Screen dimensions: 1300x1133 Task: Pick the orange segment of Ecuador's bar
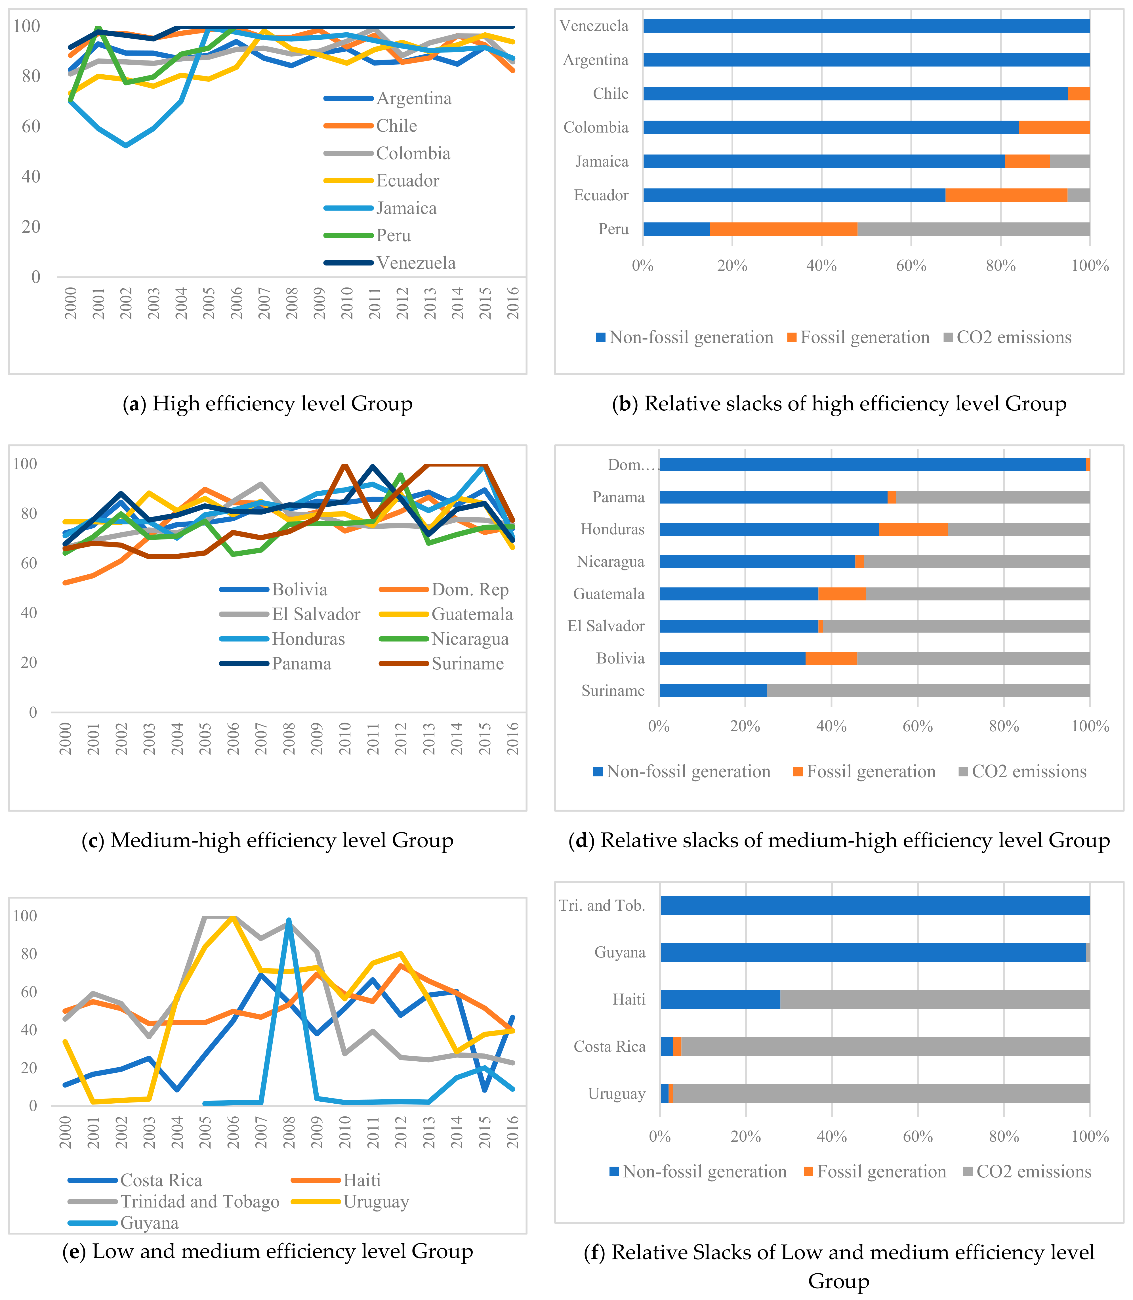click(x=1006, y=195)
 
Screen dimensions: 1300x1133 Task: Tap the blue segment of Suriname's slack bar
click(x=712, y=690)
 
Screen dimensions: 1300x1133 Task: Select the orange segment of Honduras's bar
click(x=913, y=529)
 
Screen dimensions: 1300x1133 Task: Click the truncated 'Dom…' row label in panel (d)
click(x=632, y=465)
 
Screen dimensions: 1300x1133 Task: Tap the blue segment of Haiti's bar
click(x=720, y=1000)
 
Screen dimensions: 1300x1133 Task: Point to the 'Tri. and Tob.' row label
click(x=602, y=906)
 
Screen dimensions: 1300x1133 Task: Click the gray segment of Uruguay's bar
click(x=881, y=1094)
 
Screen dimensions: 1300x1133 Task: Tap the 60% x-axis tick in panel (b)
click(x=911, y=266)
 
